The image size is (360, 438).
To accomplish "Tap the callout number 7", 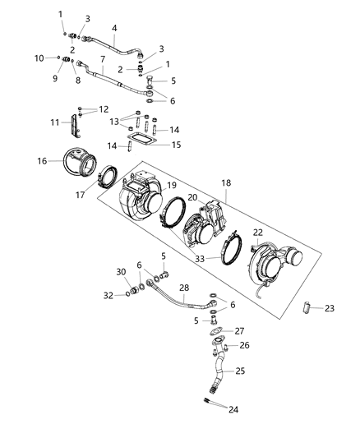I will [x=103, y=59].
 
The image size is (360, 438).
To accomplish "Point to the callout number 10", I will [x=39, y=58].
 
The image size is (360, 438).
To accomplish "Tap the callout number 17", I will [x=102, y=196].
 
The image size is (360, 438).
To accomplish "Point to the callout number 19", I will [x=172, y=186].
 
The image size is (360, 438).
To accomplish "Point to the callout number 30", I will [x=121, y=272].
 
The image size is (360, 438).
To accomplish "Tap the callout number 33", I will [x=201, y=258].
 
